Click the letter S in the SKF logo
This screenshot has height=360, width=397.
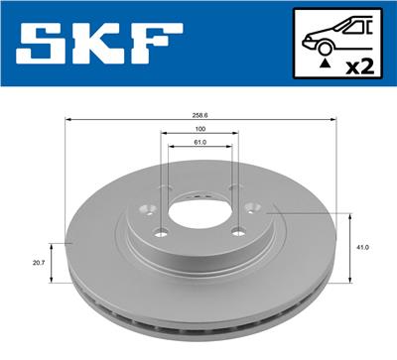pos(41,43)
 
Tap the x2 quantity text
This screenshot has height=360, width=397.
pos(359,66)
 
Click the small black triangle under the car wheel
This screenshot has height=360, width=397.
pos(326,63)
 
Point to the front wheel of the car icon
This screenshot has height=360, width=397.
pos(325,48)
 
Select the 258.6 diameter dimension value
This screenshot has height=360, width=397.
pos(199,115)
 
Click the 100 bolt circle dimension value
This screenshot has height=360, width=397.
pos(199,129)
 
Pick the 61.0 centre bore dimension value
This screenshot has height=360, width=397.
pos(199,142)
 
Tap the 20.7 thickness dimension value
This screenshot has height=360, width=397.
pos(39,263)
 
